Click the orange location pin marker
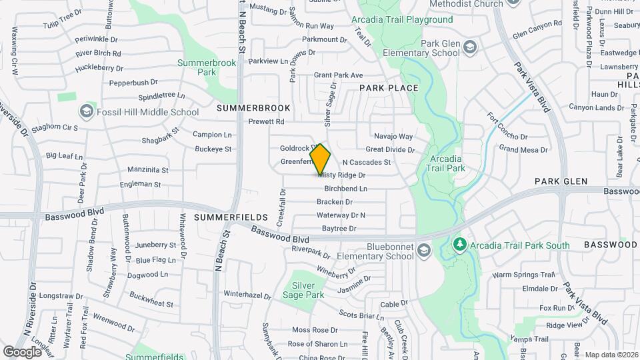pos(321,159)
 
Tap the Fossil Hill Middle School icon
pos(86,112)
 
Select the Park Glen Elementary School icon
pos(471,47)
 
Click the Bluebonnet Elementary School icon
pos(425,250)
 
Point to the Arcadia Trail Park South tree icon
pos(459,245)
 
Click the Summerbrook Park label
pos(207,67)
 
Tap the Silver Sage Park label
pos(303,290)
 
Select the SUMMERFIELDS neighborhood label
pos(221,218)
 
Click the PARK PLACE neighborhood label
pos(389,88)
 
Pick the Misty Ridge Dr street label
pos(343,175)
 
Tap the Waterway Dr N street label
pos(341,215)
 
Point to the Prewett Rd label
pos(266,121)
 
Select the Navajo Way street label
pos(393,137)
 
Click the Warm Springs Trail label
pos(523,275)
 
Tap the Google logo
pos(22,351)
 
